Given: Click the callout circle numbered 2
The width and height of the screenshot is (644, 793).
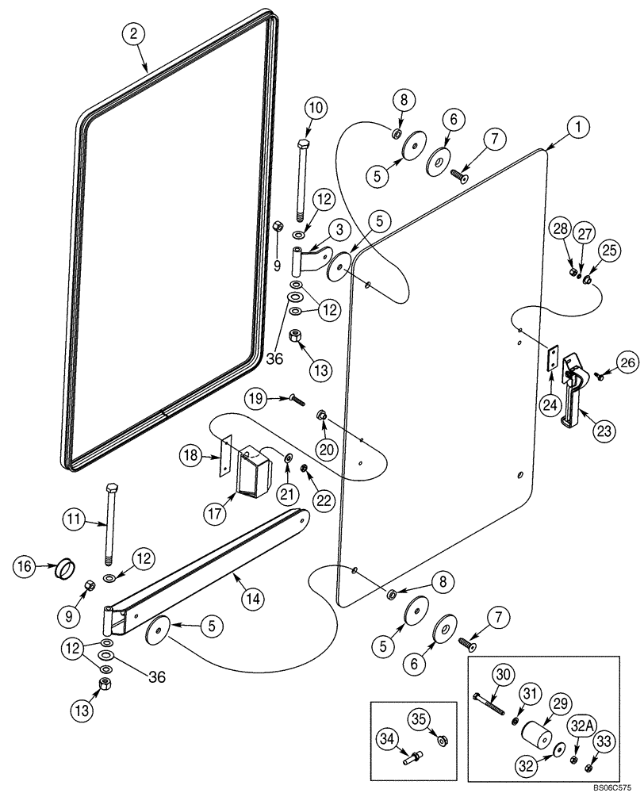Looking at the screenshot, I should (133, 33).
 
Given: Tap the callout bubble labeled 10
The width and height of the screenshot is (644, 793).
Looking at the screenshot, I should (314, 108).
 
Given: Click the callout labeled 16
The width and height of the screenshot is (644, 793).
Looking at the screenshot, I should (24, 566).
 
